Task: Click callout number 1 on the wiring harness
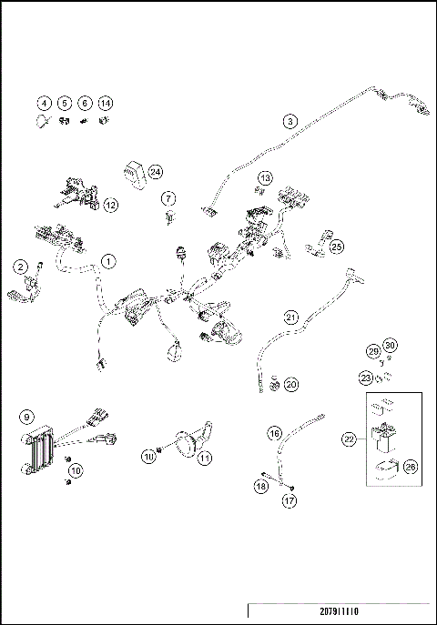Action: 108,262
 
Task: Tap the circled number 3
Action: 290,121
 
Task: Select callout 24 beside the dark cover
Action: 156,171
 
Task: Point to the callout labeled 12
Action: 111,206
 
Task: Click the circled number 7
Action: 169,197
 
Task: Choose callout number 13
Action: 265,177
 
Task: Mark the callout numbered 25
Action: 337,247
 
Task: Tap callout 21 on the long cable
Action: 291,318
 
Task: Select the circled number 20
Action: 291,385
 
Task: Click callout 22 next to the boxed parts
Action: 349,439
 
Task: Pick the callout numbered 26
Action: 410,468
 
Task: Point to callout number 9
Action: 26,417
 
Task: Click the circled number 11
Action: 205,458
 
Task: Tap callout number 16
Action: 273,434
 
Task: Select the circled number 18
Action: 260,487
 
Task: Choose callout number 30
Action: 390,345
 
